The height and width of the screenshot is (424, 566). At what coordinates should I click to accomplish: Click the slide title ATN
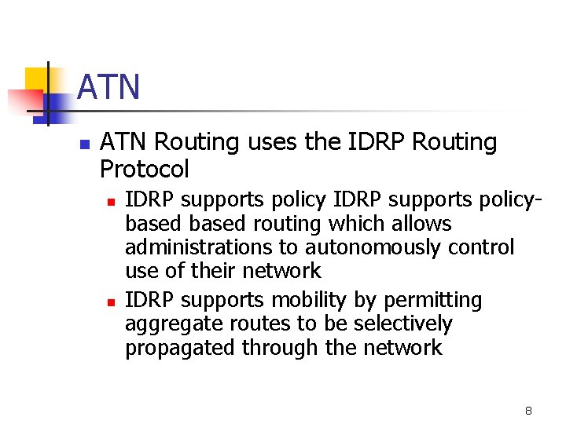point(109,87)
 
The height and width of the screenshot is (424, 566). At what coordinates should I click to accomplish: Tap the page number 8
point(528,411)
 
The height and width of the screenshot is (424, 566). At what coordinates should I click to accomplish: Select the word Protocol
point(145,169)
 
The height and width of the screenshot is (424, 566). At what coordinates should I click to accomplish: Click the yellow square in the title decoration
point(37,79)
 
